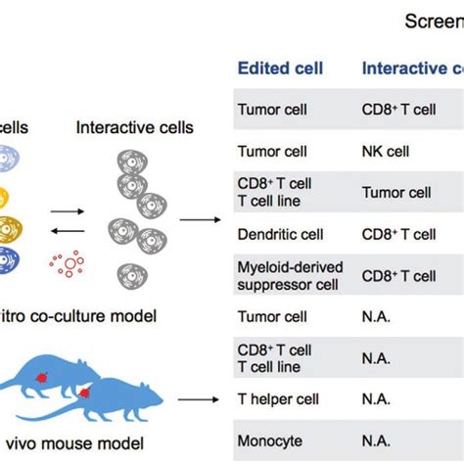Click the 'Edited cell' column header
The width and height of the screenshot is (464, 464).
280,69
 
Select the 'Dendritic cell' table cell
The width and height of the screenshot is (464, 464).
279,235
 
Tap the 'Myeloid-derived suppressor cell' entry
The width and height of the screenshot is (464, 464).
288,276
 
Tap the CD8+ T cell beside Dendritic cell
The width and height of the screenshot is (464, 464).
399,235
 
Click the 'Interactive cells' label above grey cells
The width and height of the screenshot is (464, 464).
135,127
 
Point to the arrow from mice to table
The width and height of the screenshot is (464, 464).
200,399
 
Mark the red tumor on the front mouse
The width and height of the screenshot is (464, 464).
86,394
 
